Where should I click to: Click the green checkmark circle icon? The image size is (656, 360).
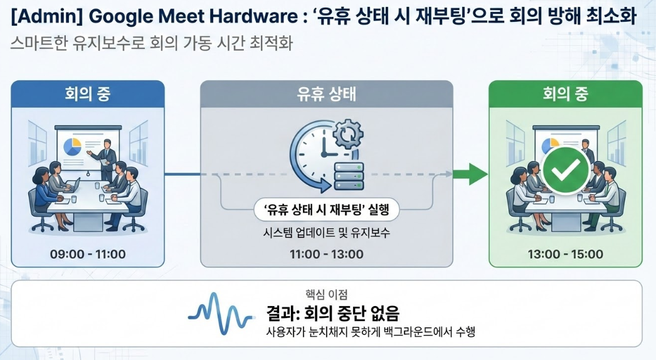click(x=566, y=167)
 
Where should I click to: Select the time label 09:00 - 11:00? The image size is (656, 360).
click(x=88, y=254)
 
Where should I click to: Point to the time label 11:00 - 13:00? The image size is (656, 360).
click(x=326, y=254)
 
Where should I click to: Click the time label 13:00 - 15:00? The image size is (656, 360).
click(x=566, y=254)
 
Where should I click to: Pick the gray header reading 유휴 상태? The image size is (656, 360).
click(x=326, y=95)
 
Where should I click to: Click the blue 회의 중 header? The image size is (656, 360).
click(x=88, y=95)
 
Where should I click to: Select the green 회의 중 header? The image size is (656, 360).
click(x=566, y=95)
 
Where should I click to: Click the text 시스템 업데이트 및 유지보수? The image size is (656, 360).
click(x=326, y=233)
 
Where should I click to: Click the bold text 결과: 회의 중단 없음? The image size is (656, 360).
click(x=332, y=312)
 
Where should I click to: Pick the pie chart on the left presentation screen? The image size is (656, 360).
click(x=73, y=147)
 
